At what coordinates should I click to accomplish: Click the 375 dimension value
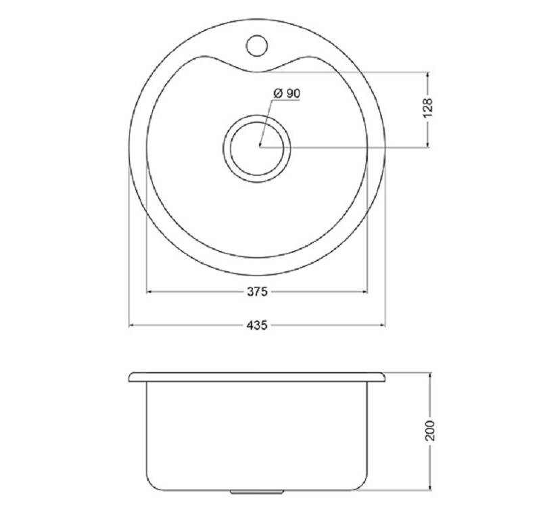[x=257, y=292]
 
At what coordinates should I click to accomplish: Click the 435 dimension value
[x=257, y=325]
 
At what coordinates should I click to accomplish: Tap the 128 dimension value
[x=427, y=108]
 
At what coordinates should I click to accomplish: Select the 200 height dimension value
[x=429, y=430]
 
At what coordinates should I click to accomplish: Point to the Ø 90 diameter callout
[x=286, y=93]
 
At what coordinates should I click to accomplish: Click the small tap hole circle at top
[x=257, y=45]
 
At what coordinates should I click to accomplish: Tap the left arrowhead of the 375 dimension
[x=149, y=292]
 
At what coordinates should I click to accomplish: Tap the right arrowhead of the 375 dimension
[x=364, y=292]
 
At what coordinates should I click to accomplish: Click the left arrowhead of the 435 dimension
[x=132, y=325]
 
